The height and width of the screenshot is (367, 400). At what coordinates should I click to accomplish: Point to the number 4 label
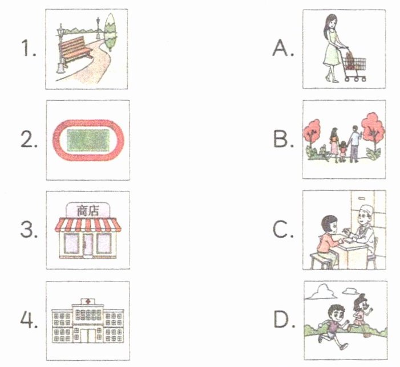(29, 320)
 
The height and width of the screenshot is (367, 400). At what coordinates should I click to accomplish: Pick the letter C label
(282, 230)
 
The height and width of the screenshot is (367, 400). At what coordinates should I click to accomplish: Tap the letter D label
(284, 320)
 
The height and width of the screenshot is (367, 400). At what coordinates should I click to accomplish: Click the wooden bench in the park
(75, 51)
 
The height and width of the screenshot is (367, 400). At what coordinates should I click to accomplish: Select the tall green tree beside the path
(111, 32)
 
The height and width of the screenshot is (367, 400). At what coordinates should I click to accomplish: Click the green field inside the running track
(88, 140)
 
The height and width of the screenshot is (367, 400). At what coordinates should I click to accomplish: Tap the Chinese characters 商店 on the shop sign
(88, 211)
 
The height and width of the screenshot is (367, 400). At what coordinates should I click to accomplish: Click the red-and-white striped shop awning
(88, 225)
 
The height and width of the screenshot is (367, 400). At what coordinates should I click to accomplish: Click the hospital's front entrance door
(88, 336)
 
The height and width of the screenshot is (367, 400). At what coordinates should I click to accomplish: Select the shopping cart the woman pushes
(353, 65)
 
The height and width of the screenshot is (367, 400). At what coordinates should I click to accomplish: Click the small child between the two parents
(343, 151)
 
